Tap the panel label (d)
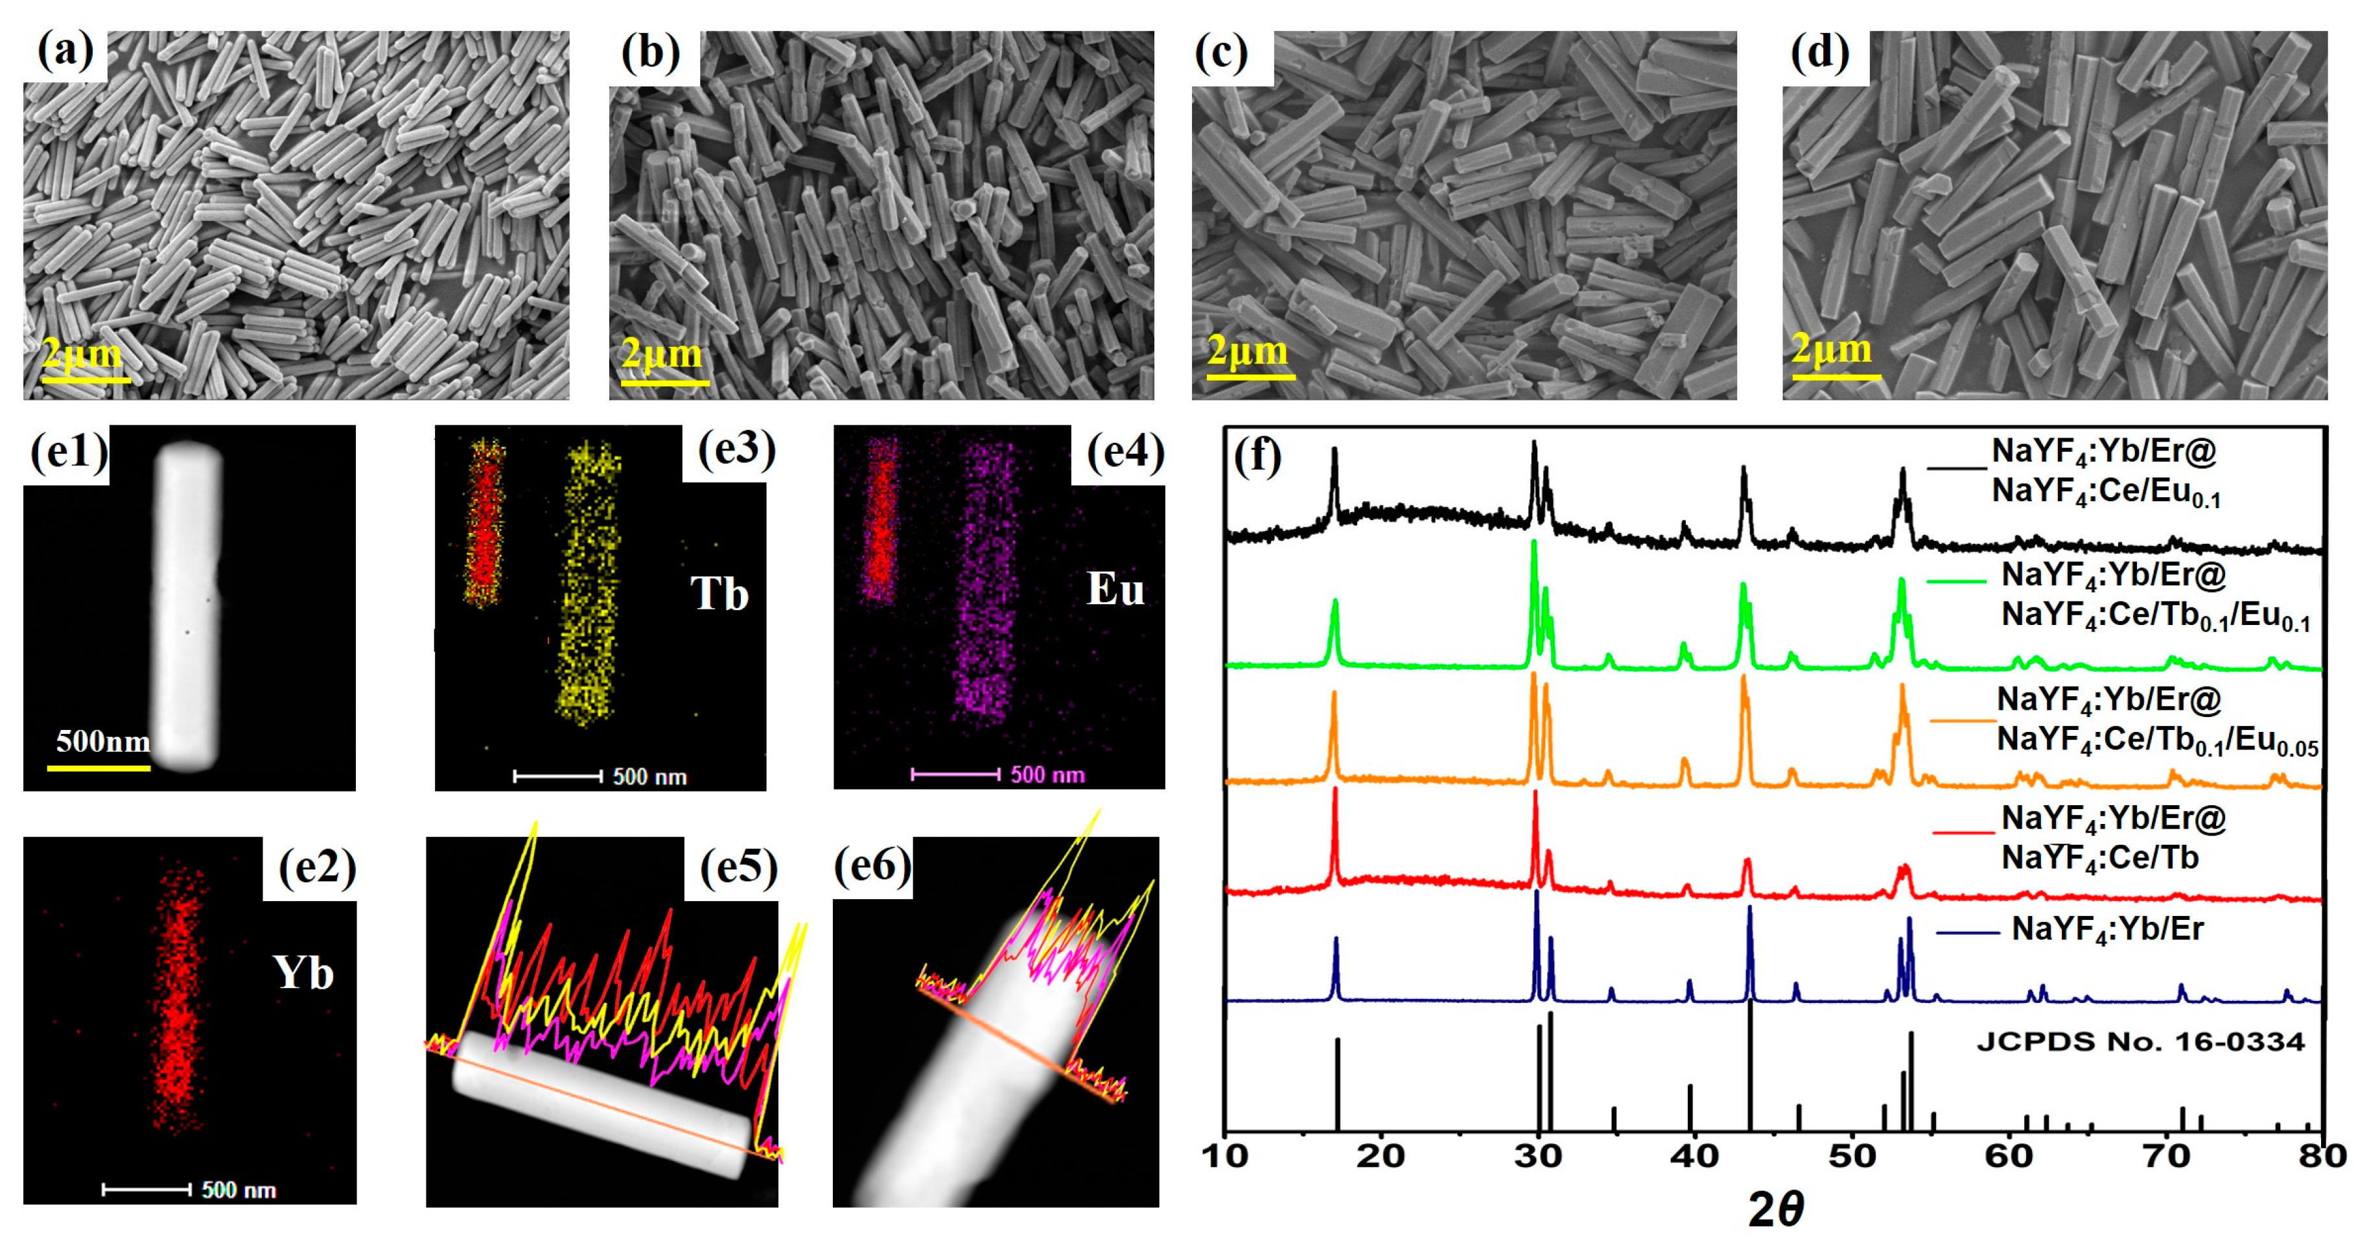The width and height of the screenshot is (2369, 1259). [x=1820, y=53]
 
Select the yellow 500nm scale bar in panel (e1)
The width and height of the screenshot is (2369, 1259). [x=99, y=766]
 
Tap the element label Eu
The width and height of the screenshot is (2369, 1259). [x=1115, y=589]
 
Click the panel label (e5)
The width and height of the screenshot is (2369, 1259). [x=738, y=867]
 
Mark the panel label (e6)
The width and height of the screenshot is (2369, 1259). [x=872, y=865]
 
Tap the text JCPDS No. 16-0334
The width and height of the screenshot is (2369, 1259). [x=2140, y=1042]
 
